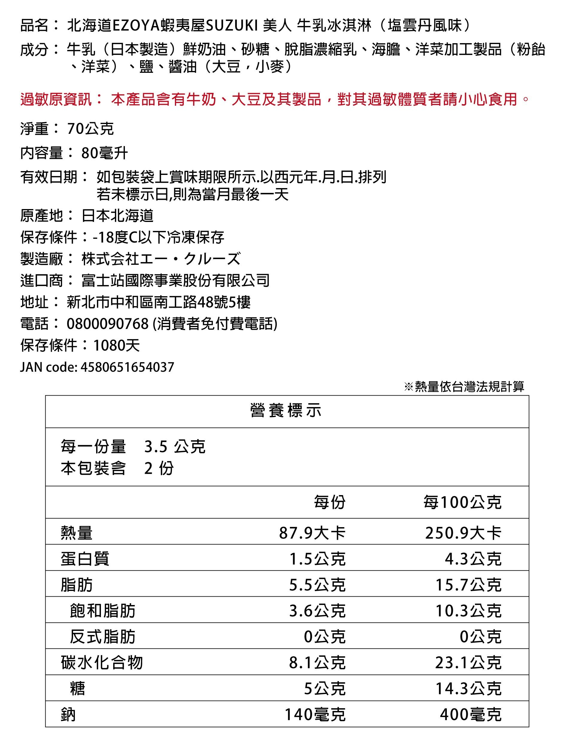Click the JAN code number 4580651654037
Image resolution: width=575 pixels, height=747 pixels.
[127, 367]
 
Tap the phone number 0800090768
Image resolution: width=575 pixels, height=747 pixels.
[108, 323]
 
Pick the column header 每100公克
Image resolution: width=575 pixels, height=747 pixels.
[462, 503]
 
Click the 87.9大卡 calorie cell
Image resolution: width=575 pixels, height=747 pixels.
[312, 533]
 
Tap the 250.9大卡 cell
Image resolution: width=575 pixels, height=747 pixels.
[463, 533]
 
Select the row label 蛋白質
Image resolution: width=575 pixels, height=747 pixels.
[85, 559]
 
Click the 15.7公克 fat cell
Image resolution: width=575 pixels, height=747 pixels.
[468, 585]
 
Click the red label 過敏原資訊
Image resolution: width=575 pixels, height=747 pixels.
[56, 99]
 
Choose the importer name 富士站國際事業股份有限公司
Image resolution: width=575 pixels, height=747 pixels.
[175, 280]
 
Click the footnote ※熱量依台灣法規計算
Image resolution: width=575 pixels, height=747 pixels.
[464, 386]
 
